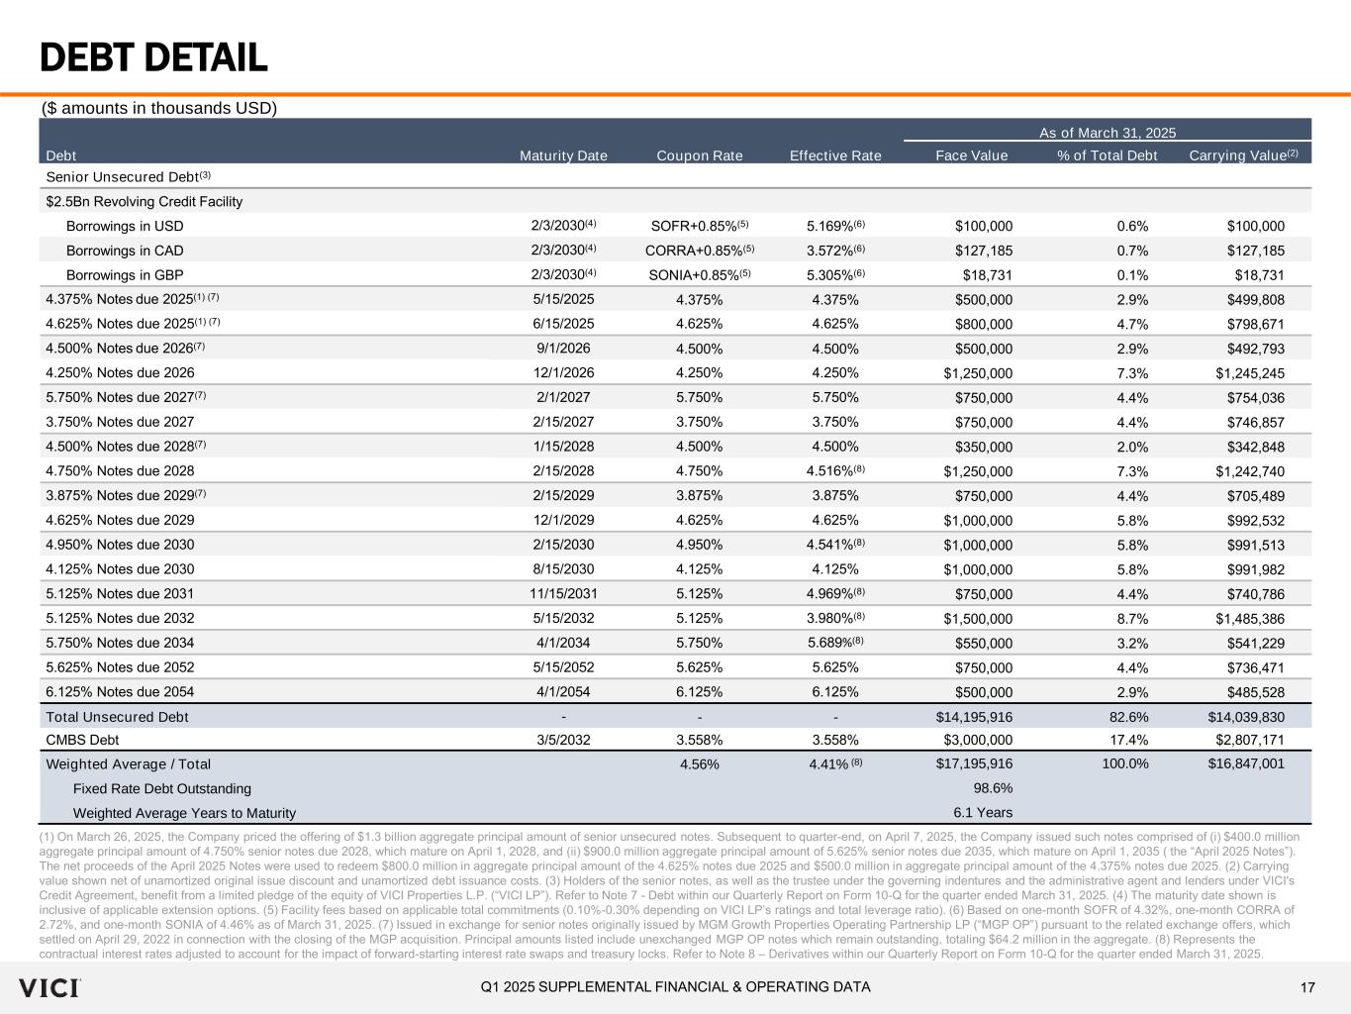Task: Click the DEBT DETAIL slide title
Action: (x=153, y=58)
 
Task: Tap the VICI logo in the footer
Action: (x=49, y=987)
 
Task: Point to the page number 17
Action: (x=1307, y=987)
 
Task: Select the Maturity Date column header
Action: (x=563, y=155)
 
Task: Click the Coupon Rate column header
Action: (x=699, y=155)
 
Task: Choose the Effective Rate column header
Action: (x=835, y=155)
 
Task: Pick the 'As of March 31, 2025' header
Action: (x=1107, y=133)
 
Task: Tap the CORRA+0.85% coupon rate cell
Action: (x=700, y=251)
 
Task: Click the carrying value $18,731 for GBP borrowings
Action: (x=1259, y=275)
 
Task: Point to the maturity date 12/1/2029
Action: (x=563, y=520)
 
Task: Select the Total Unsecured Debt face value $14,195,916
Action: (x=974, y=717)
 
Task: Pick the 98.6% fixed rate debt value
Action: (x=994, y=788)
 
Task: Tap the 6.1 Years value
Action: (x=983, y=813)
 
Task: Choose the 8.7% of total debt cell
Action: (x=1131, y=619)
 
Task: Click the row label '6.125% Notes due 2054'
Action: (x=120, y=692)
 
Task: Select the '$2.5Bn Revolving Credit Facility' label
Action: (x=145, y=202)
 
